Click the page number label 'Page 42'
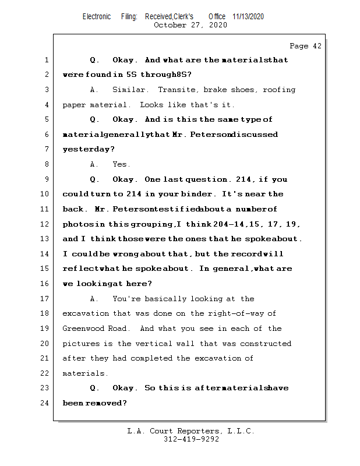pos(305,46)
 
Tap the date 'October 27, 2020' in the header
pos(190,25)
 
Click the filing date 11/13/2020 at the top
pos(248,17)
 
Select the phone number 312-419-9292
pos(191,439)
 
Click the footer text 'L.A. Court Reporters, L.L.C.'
pos(190,431)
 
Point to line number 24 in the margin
pos(46,403)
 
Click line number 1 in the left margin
pos(46,60)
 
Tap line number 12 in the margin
pos(46,224)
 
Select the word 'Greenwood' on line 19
pos(84,329)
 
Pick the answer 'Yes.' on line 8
pos(121,164)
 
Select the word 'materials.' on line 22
pos(86,373)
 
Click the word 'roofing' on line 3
pos(279,90)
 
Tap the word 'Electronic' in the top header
pos(96,17)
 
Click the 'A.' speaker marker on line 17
pos(94,299)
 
